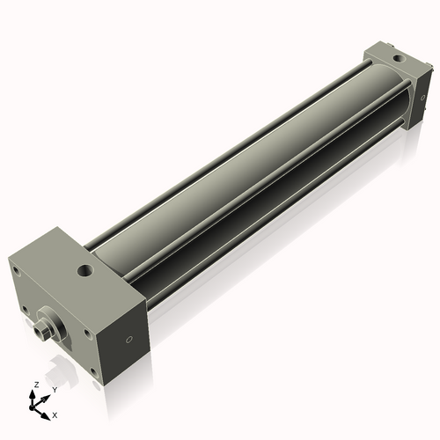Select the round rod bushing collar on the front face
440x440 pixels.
[51, 321]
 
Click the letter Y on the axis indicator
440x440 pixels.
[55, 390]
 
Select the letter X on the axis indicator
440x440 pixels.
[55, 414]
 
